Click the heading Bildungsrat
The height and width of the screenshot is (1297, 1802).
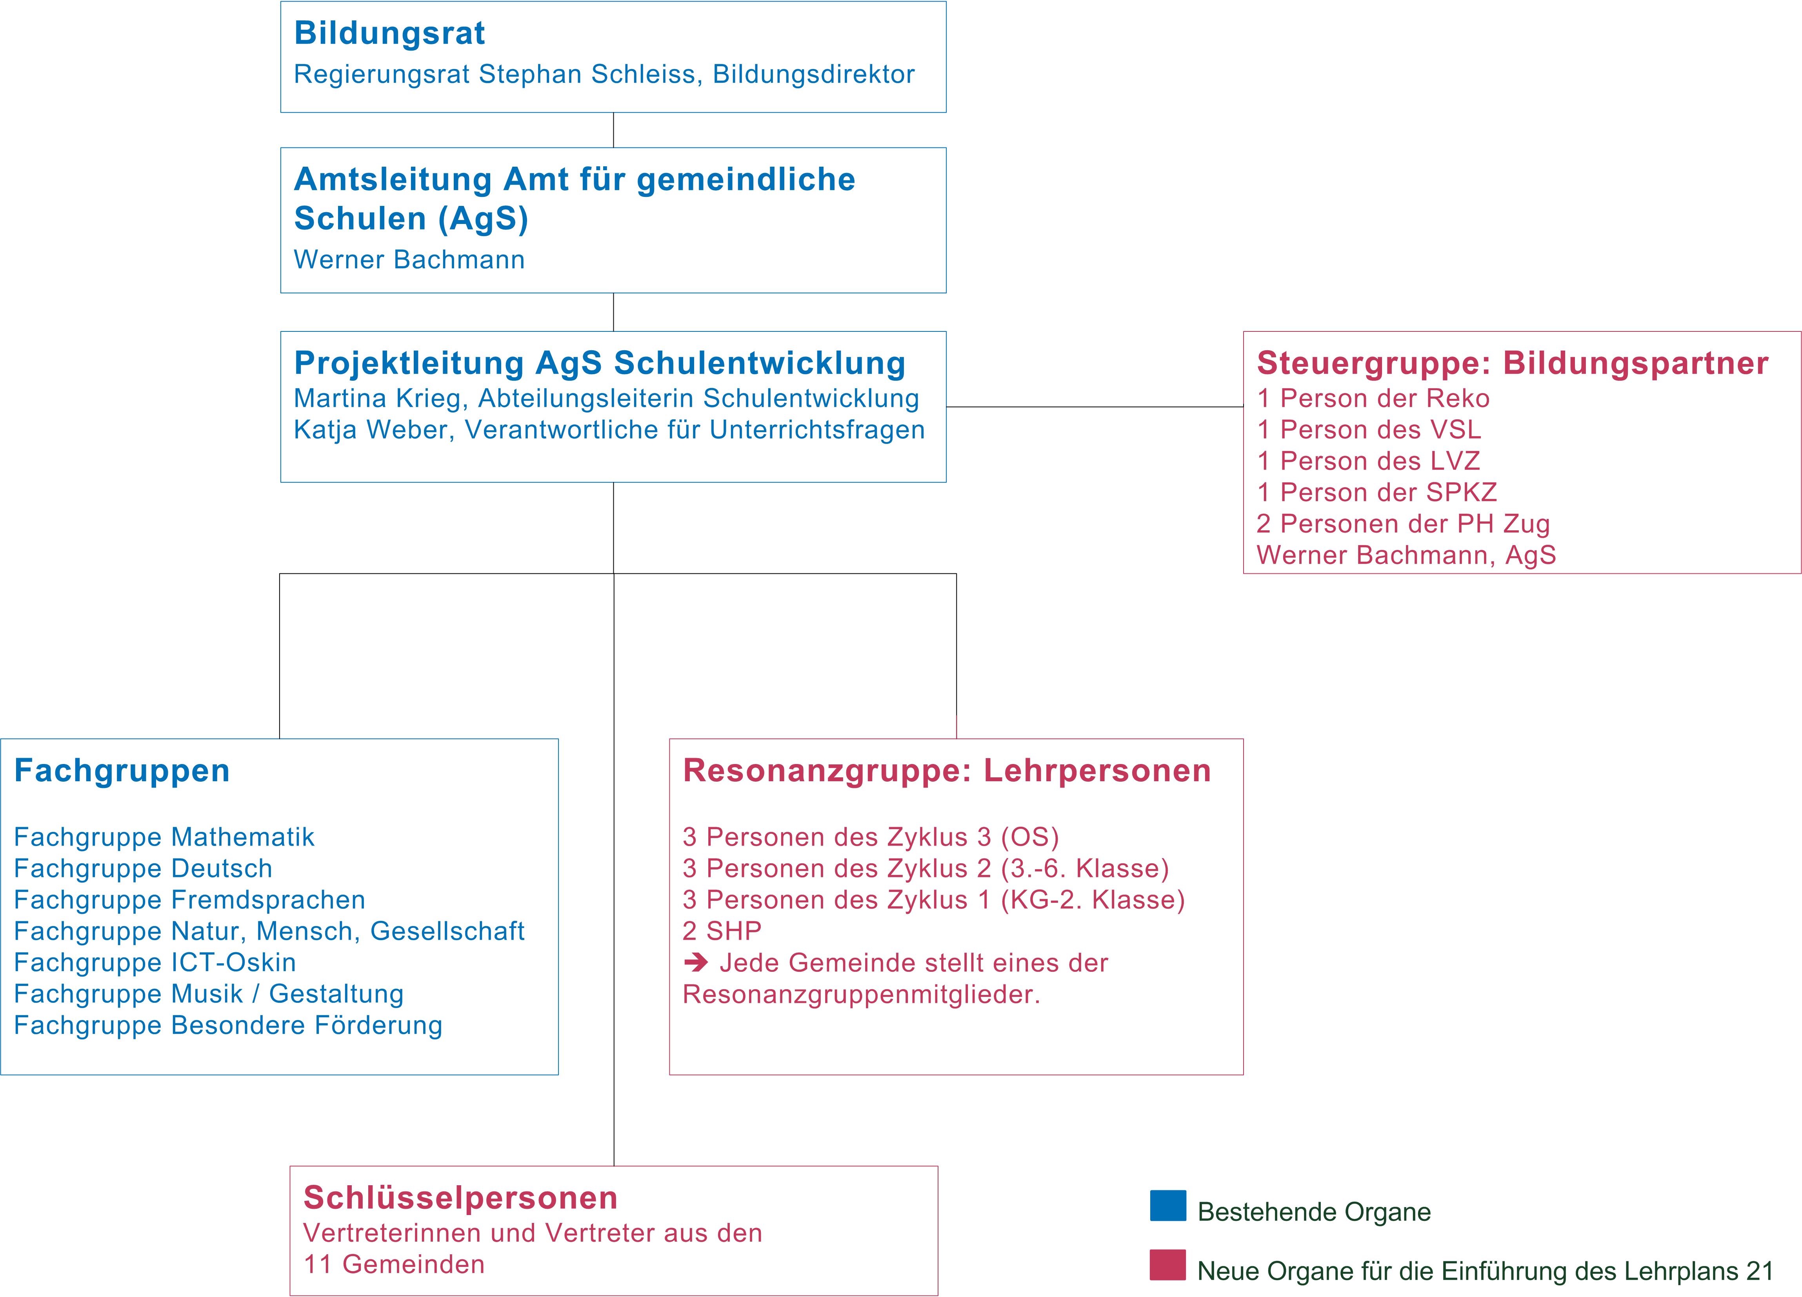click(389, 33)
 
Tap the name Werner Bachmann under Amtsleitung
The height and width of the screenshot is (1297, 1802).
click(409, 260)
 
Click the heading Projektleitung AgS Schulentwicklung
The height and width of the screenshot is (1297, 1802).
click(600, 363)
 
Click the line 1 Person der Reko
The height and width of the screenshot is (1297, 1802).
click(1373, 398)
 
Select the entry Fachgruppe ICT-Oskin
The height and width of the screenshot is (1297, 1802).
click(155, 962)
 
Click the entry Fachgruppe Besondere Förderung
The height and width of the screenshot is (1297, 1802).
click(228, 1025)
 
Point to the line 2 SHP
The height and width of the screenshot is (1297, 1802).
click(722, 931)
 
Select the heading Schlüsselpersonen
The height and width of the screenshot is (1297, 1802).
click(461, 1198)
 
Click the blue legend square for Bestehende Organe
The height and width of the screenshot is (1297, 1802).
click(1168, 1206)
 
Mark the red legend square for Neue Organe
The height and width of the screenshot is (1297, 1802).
click(1168, 1265)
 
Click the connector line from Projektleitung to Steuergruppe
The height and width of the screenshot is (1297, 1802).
click(1095, 407)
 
